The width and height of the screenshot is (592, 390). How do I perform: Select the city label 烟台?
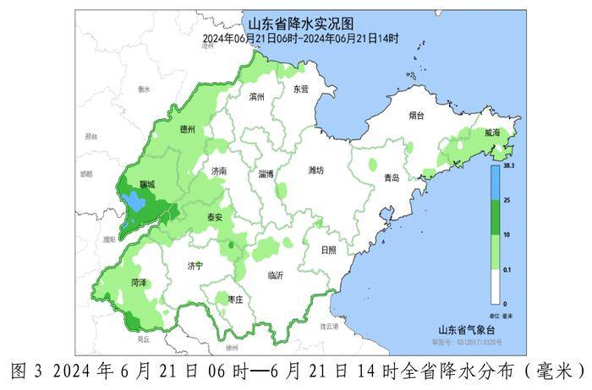point(415,116)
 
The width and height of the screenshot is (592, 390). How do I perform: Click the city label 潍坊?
point(316,171)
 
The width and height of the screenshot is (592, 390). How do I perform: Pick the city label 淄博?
point(266,174)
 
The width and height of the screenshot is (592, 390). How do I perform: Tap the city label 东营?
point(300,89)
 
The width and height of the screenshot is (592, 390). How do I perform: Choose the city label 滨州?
point(258,97)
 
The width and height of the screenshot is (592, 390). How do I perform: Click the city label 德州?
point(188,130)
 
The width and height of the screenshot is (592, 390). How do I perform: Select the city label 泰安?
point(215,217)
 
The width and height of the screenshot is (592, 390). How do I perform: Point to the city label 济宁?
point(195,266)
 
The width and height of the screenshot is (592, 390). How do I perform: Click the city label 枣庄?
point(236,300)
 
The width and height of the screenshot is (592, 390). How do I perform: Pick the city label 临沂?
point(276,275)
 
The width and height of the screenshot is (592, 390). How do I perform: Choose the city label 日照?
point(329,250)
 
